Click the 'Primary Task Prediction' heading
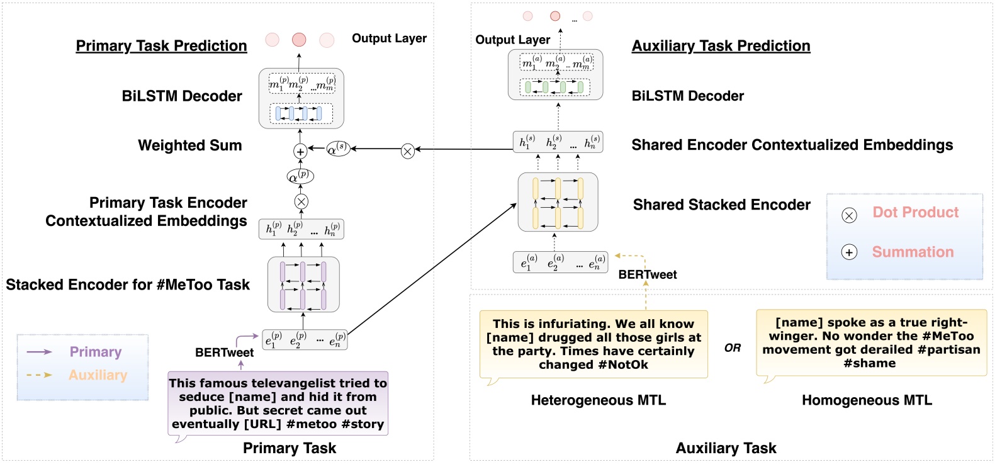pyautogui.click(x=161, y=46)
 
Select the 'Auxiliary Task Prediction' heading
pyautogui.click(x=721, y=46)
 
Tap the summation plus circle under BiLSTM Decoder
pyautogui.click(x=300, y=151)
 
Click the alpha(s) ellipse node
pyautogui.click(x=338, y=149)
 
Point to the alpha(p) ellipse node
pyautogui.click(x=300, y=176)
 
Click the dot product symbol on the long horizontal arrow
pyautogui.click(x=408, y=150)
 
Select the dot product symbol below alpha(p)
pyautogui.click(x=301, y=201)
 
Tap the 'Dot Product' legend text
pyautogui.click(x=915, y=213)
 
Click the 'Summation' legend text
pyautogui.click(x=913, y=252)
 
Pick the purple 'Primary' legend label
pyautogui.click(x=96, y=352)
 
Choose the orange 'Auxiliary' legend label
pyautogui.click(x=98, y=375)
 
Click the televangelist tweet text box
pyautogui.click(x=278, y=403)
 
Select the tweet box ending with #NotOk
pyautogui.click(x=593, y=344)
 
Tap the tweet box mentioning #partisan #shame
pyautogui.click(x=871, y=343)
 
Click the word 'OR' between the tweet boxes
pyautogui.click(x=733, y=348)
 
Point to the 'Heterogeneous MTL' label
pyautogui.click(x=598, y=400)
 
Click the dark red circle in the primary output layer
pyautogui.click(x=299, y=40)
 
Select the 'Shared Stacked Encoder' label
pyautogui.click(x=721, y=205)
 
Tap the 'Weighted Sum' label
pyautogui.click(x=189, y=145)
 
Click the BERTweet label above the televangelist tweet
pyautogui.click(x=224, y=352)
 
